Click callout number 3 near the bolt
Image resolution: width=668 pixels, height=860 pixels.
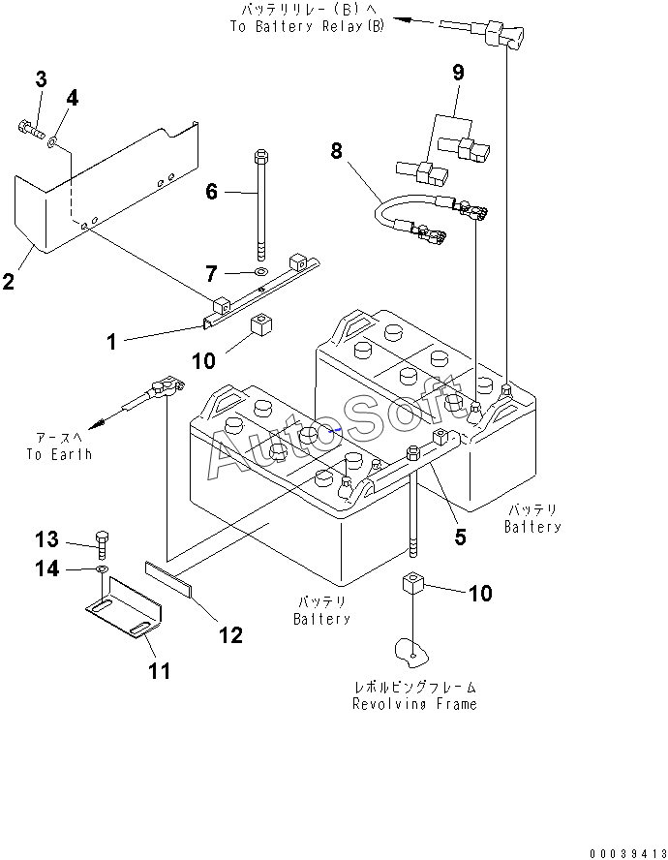point(42,79)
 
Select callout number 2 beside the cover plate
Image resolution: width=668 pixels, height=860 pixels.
point(9,282)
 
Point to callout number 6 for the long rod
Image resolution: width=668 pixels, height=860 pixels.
point(212,192)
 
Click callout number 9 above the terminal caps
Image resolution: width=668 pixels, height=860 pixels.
point(458,72)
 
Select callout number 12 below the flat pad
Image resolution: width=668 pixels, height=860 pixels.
point(229,634)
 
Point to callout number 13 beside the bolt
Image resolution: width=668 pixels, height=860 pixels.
point(47,538)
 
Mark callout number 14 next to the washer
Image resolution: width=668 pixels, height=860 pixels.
point(47,569)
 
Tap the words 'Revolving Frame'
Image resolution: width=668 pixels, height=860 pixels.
point(414,704)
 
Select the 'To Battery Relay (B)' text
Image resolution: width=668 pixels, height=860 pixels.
point(306,27)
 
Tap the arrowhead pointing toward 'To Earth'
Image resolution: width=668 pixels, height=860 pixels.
point(94,425)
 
